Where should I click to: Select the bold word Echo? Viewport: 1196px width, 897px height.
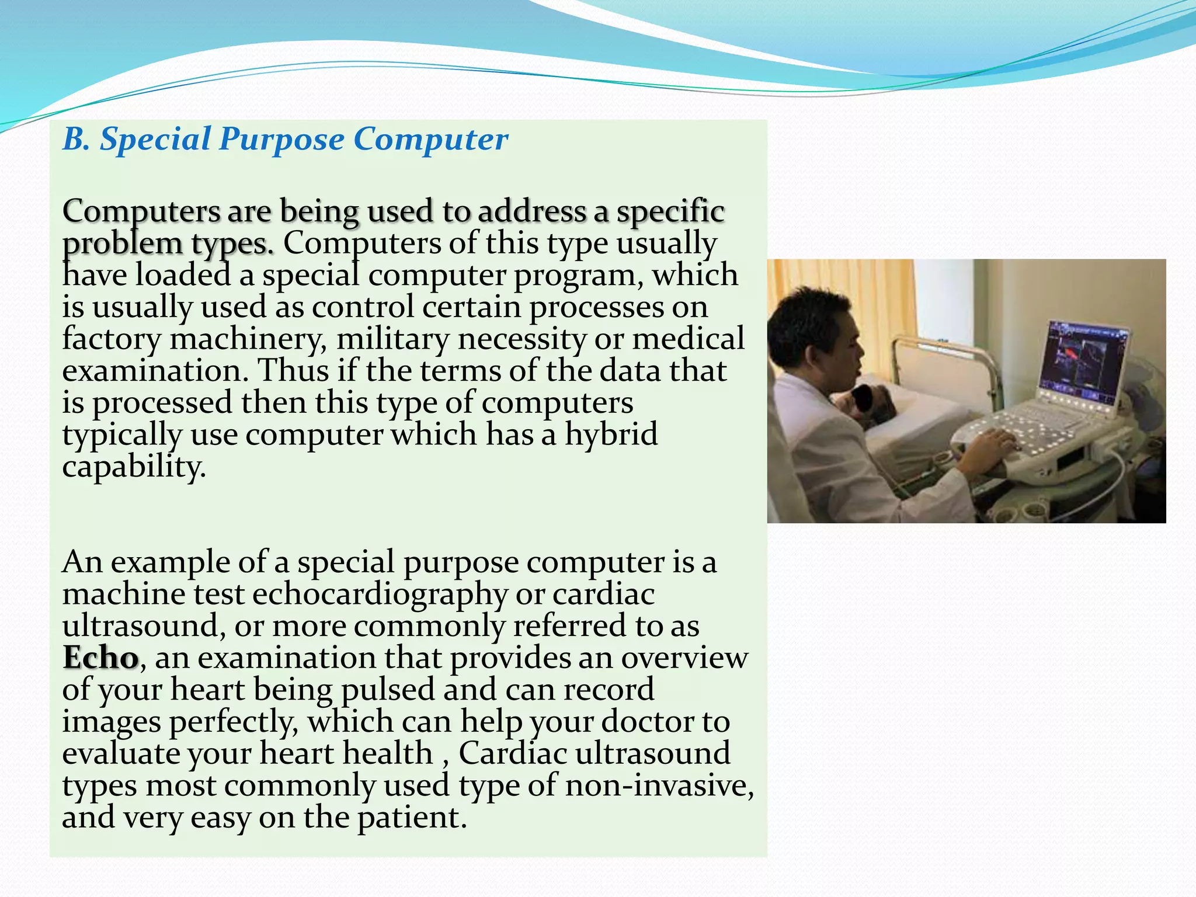(100, 658)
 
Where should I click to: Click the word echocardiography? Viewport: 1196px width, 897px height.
(380, 595)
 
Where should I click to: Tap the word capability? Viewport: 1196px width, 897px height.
(134, 467)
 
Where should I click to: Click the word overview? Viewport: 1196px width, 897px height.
(684, 658)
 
